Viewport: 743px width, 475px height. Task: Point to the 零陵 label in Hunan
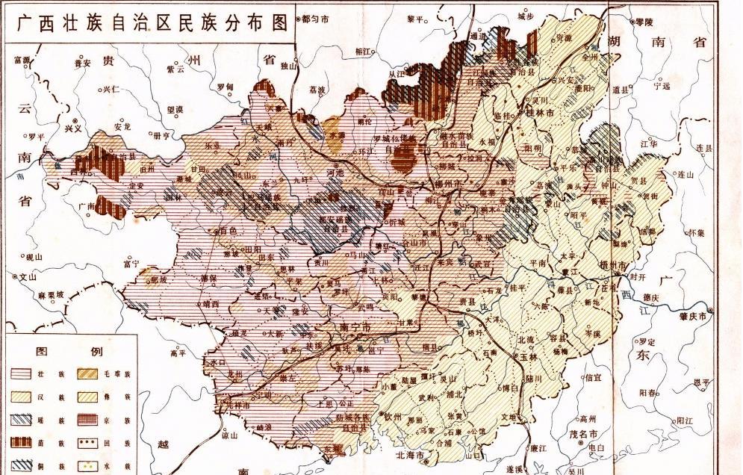click(642, 22)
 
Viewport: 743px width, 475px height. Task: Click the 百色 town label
click(227, 231)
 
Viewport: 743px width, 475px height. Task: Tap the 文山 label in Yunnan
click(28, 276)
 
